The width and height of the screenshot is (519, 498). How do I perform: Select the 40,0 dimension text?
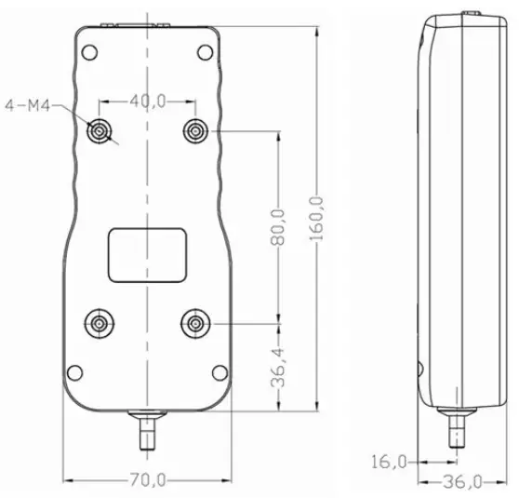pyautogui.click(x=148, y=101)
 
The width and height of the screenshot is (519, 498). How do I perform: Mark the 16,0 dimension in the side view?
pyautogui.click(x=388, y=461)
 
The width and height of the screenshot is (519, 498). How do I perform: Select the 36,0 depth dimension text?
pyautogui.click(x=463, y=481)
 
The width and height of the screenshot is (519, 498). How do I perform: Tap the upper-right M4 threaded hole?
pyautogui.click(x=195, y=132)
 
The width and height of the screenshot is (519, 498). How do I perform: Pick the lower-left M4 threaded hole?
pyautogui.click(x=100, y=323)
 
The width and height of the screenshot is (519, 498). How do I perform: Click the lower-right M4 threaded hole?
pyautogui.click(x=195, y=323)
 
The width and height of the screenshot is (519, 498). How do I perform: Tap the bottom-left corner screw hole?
pyautogui.click(x=74, y=373)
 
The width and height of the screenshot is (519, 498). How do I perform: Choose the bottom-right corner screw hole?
pyautogui.click(x=219, y=373)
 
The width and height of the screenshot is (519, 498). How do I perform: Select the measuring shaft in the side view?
pyautogui.click(x=456, y=430)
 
